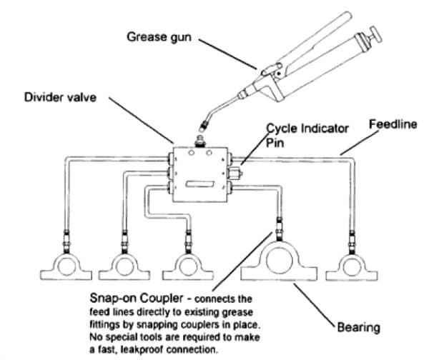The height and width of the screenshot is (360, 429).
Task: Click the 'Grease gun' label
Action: click(158, 35)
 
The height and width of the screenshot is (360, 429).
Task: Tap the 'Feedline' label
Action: click(391, 124)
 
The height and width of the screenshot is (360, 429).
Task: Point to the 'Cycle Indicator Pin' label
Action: click(307, 134)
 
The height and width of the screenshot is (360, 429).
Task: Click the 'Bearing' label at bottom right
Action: click(360, 328)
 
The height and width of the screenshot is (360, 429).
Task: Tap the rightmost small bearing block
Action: click(352, 267)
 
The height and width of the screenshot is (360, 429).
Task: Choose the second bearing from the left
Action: click(124, 267)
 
